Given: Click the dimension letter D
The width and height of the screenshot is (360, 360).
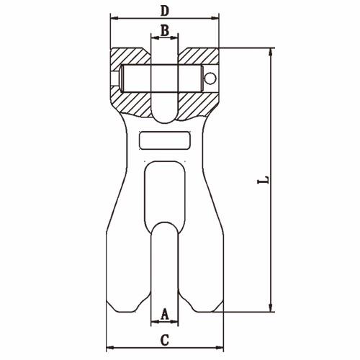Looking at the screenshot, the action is (x=165, y=11).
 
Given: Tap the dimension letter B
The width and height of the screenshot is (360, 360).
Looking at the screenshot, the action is (x=165, y=30).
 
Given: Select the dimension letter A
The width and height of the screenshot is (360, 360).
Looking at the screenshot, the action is (x=165, y=315).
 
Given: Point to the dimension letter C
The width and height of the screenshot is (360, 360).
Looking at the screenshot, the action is (x=165, y=341).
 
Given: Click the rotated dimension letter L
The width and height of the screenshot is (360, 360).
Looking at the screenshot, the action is (x=264, y=180).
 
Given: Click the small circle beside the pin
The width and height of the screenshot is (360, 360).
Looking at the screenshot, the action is (x=210, y=78).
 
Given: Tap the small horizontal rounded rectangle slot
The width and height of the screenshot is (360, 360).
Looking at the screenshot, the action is (x=165, y=140).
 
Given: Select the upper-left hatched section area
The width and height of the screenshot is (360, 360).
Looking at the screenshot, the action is (x=132, y=57).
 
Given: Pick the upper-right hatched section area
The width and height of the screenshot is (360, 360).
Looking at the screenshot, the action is (x=198, y=57).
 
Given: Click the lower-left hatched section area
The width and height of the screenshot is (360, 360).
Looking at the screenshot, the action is (x=132, y=103).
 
